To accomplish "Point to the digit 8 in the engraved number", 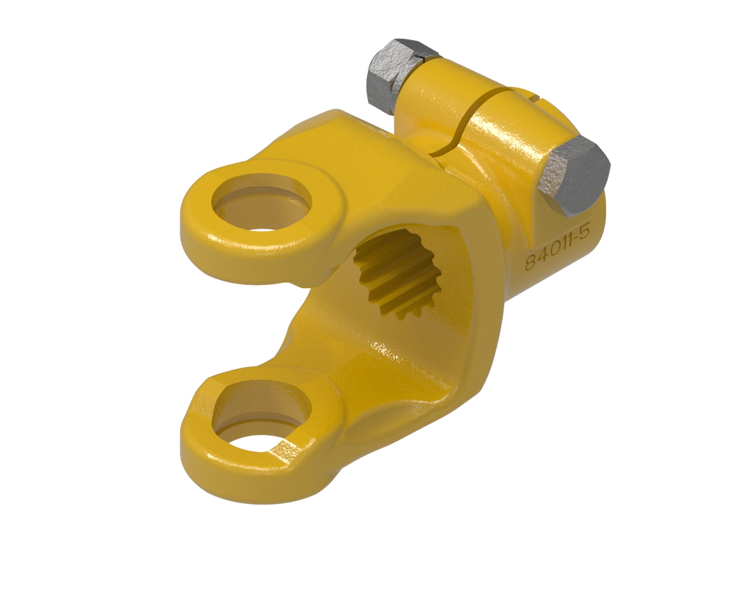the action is click(532, 262).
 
